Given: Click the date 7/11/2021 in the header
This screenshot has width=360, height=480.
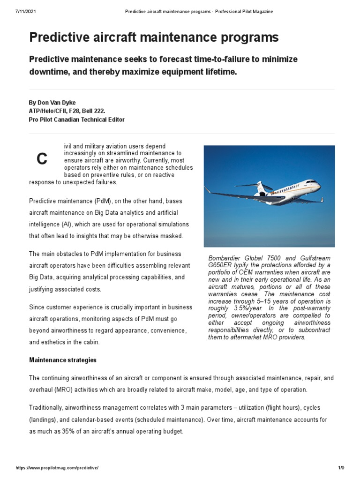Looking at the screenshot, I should tap(19, 11).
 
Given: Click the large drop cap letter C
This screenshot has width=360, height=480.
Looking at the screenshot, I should tap(42, 159).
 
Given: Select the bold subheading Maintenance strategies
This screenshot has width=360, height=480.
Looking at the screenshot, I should tap(63, 360).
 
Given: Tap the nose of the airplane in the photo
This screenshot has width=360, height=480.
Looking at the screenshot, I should tap(319, 186).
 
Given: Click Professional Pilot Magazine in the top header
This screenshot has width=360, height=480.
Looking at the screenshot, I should tap(244, 11).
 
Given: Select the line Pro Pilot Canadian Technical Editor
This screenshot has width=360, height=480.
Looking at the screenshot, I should tap(76, 120).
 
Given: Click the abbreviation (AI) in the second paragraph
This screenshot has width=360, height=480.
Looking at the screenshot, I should tap(67, 224).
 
